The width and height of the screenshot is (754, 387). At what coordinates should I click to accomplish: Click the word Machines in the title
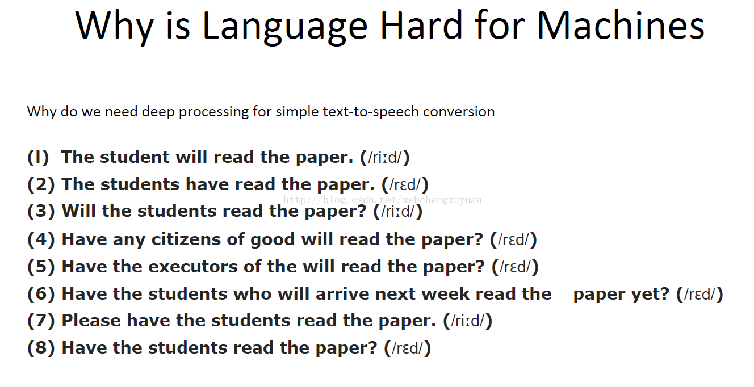621,25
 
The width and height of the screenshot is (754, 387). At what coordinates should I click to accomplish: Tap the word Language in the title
285,28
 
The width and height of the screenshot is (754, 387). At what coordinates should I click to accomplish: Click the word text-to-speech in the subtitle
371,112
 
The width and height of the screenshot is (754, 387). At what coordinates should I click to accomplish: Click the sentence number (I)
38,157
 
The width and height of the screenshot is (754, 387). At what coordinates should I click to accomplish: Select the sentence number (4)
41,239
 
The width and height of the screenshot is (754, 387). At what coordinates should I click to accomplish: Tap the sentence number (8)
41,348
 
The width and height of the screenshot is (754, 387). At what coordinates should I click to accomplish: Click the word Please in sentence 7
91,321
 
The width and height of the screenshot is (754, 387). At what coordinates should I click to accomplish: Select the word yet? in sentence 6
650,294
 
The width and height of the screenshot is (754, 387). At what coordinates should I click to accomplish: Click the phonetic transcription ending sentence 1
385,157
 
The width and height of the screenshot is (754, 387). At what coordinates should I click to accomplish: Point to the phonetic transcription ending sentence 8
407,348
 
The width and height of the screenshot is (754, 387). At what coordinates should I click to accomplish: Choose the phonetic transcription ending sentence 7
467,321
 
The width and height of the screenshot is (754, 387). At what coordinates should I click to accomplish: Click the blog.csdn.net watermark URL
382,200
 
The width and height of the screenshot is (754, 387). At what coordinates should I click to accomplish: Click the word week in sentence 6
445,294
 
